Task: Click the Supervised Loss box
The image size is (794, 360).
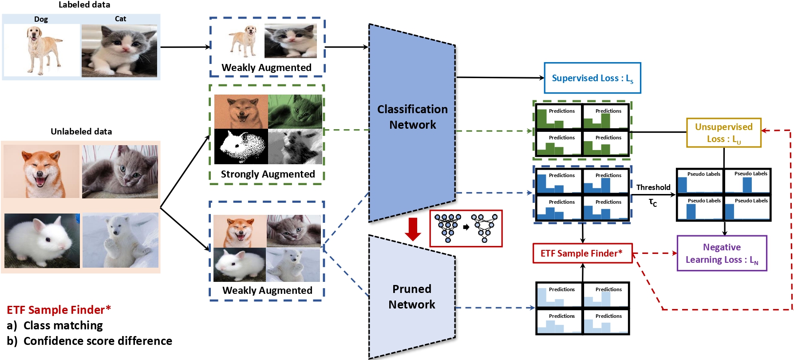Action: click(593, 78)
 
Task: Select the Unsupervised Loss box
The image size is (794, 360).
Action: click(723, 133)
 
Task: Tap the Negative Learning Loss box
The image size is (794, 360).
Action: click(722, 253)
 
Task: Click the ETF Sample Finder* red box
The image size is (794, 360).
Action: click(582, 253)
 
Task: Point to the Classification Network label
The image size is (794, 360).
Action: click(412, 117)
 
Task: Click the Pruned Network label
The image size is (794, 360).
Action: click(412, 297)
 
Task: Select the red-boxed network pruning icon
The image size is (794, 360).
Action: click(466, 228)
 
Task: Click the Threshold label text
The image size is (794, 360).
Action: click(653, 187)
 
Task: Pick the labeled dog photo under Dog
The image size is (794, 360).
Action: click(42, 50)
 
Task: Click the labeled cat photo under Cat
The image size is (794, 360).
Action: click(119, 51)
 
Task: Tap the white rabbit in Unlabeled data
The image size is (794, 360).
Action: click(42, 241)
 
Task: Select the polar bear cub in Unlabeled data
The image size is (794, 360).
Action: click(120, 240)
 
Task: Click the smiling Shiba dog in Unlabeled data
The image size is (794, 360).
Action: click(41, 171)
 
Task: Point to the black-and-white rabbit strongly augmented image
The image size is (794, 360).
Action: click(241, 146)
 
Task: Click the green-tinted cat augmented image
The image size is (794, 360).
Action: click(295, 112)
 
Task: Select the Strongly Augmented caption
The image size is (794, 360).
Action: click(268, 174)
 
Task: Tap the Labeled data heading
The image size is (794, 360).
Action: click(84, 5)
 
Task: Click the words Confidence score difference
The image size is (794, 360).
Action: click(98, 341)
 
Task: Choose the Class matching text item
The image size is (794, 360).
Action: click(63, 325)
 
